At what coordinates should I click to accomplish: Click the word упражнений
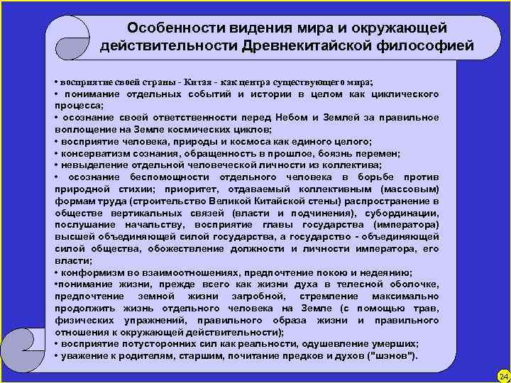point(138,320)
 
